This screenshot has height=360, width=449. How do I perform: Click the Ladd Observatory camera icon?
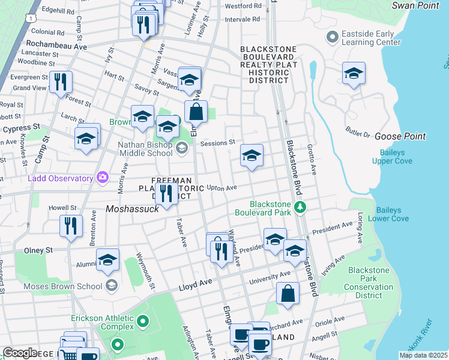tap(103, 178)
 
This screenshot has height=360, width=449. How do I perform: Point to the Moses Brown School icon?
tap(110, 286)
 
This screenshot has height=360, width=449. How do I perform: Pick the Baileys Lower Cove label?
tap(393, 214)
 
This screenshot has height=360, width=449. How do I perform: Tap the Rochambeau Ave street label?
tap(56, 45)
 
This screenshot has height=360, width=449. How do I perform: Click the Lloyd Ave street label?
tap(196, 288)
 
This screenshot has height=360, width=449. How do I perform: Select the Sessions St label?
tap(217, 143)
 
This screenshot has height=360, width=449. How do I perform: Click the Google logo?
tap(20, 353)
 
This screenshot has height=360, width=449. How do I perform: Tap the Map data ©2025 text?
tap(423, 355)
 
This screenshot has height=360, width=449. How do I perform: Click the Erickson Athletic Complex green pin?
tap(142, 322)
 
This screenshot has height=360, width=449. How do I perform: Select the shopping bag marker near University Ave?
tap(288, 293)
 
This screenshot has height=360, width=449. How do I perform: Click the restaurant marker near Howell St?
tap(71, 226)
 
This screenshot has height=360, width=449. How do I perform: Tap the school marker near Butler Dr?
tap(354, 74)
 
